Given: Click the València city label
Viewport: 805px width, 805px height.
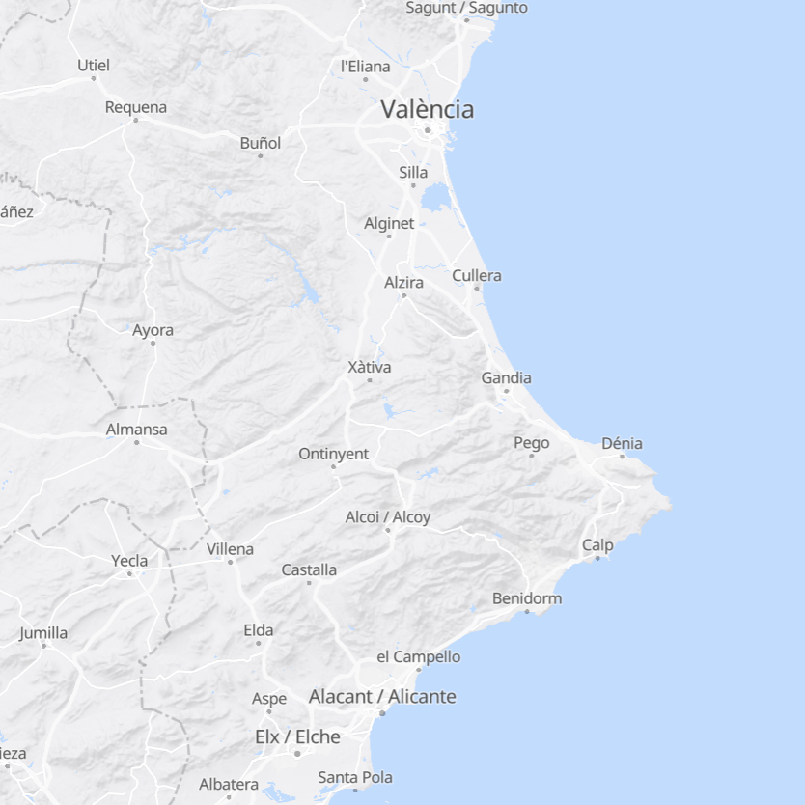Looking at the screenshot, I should click(x=427, y=109).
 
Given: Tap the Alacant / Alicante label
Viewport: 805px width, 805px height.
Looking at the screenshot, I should click(x=382, y=696).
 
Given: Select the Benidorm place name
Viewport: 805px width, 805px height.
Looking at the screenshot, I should click(x=526, y=598).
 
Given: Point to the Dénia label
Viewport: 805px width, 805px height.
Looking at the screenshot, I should click(x=622, y=444).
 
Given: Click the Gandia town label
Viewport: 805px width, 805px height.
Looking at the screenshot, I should click(x=506, y=378).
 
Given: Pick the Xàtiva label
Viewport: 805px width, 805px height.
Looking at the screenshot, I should click(x=369, y=367).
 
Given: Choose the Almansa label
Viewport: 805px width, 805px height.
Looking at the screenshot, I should click(x=136, y=430).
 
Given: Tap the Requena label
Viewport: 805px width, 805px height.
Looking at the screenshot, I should click(x=135, y=107).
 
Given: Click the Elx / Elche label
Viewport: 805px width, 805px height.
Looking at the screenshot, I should click(x=297, y=736).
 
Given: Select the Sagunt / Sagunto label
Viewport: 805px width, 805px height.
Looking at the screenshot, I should click(x=466, y=8).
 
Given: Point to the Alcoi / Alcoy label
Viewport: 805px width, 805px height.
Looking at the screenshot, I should click(x=388, y=517).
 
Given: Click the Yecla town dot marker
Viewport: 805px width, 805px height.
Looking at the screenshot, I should click(x=129, y=573).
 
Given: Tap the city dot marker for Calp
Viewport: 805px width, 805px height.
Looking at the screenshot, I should click(x=597, y=558).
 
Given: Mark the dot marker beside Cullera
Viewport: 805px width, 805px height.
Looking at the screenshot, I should click(x=475, y=288).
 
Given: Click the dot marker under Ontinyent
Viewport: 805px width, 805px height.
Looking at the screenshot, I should click(x=333, y=466).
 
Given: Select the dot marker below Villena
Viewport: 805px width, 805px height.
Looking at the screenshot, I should click(x=230, y=562).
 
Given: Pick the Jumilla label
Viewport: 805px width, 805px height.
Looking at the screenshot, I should click(x=43, y=633).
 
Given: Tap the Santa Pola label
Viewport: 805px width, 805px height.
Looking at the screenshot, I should click(x=355, y=777).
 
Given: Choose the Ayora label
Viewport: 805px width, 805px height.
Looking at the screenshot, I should click(x=153, y=330).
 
